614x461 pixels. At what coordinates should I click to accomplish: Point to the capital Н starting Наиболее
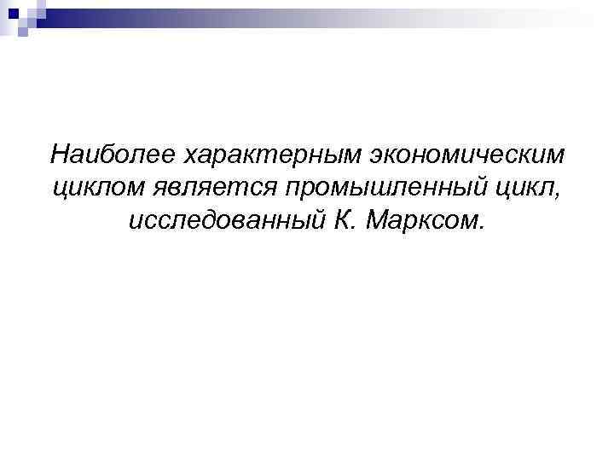(x=59, y=155)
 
